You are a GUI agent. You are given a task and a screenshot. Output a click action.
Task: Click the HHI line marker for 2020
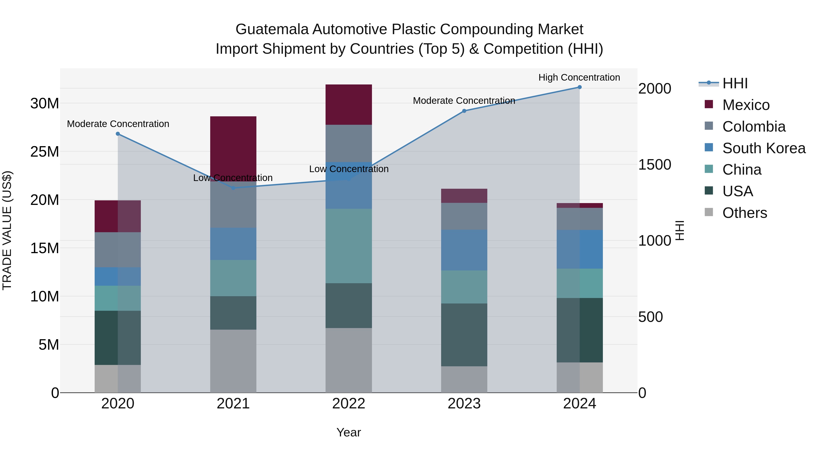click(118, 134)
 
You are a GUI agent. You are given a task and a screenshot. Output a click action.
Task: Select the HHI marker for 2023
click(464, 111)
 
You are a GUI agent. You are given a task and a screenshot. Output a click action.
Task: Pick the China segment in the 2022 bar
click(349, 246)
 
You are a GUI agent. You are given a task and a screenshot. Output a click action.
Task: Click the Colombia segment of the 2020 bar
click(118, 250)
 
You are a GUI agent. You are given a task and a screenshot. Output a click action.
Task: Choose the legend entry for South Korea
click(764, 148)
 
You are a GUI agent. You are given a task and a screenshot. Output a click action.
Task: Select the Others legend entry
click(744, 213)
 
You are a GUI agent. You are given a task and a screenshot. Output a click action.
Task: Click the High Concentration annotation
click(579, 77)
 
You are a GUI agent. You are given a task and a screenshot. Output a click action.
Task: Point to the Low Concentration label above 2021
click(233, 178)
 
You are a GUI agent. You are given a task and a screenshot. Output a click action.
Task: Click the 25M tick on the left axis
click(45, 152)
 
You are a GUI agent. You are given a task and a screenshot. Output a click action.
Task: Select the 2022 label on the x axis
click(349, 404)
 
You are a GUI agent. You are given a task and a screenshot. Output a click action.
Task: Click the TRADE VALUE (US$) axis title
click(7, 230)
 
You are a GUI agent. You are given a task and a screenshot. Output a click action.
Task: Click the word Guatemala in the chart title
click(272, 29)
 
